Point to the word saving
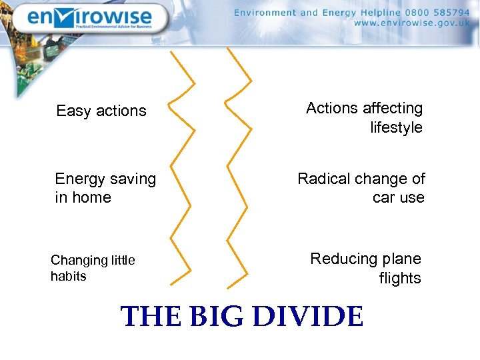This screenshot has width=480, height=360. (129, 179)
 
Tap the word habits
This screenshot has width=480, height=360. (68, 276)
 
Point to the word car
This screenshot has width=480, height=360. (384, 197)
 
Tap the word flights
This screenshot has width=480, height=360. (400, 278)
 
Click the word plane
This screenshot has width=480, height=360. (402, 259)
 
